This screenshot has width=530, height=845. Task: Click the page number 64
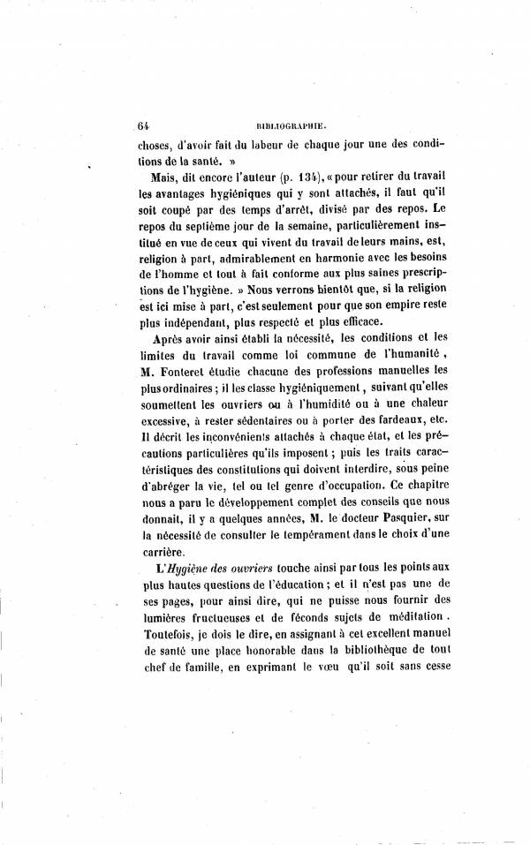(144, 125)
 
